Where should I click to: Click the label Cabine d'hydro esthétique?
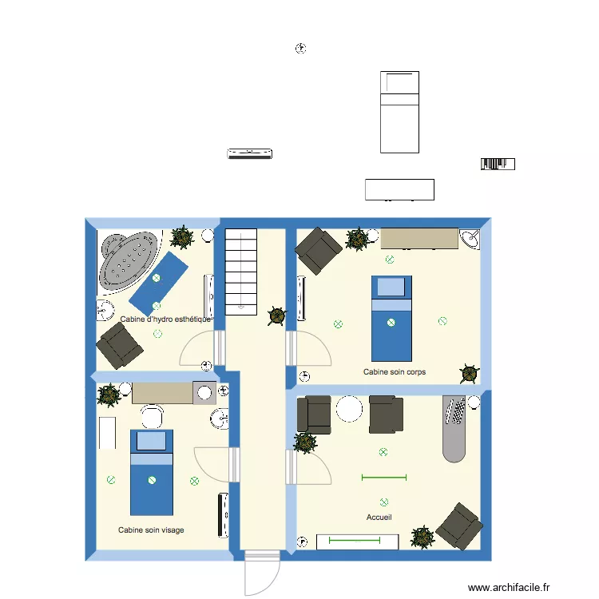pyautogui.click(x=165, y=319)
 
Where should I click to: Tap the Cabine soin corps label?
pyautogui.click(x=395, y=372)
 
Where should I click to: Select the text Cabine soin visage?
pyautogui.click(x=151, y=530)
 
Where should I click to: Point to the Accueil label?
pyautogui.click(x=379, y=518)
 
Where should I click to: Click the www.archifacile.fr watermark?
pyautogui.click(x=510, y=587)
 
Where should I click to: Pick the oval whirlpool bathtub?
pyautogui.click(x=129, y=260)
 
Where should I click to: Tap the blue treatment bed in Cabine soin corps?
pyautogui.click(x=391, y=317)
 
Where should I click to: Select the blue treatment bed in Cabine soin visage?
pyautogui.click(x=152, y=472)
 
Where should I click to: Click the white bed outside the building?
pyautogui.click(x=399, y=112)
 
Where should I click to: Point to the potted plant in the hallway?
pyautogui.click(x=276, y=316)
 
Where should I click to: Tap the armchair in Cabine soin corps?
pyautogui.click(x=319, y=252)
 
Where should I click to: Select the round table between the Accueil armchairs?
pyautogui.click(x=350, y=410)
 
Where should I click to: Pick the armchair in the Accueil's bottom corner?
pyautogui.click(x=459, y=526)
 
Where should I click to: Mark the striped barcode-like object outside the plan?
pyautogui.click(x=497, y=165)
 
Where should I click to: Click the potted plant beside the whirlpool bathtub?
pyautogui.click(x=183, y=236)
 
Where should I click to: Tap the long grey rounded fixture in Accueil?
pyautogui.click(x=455, y=429)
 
